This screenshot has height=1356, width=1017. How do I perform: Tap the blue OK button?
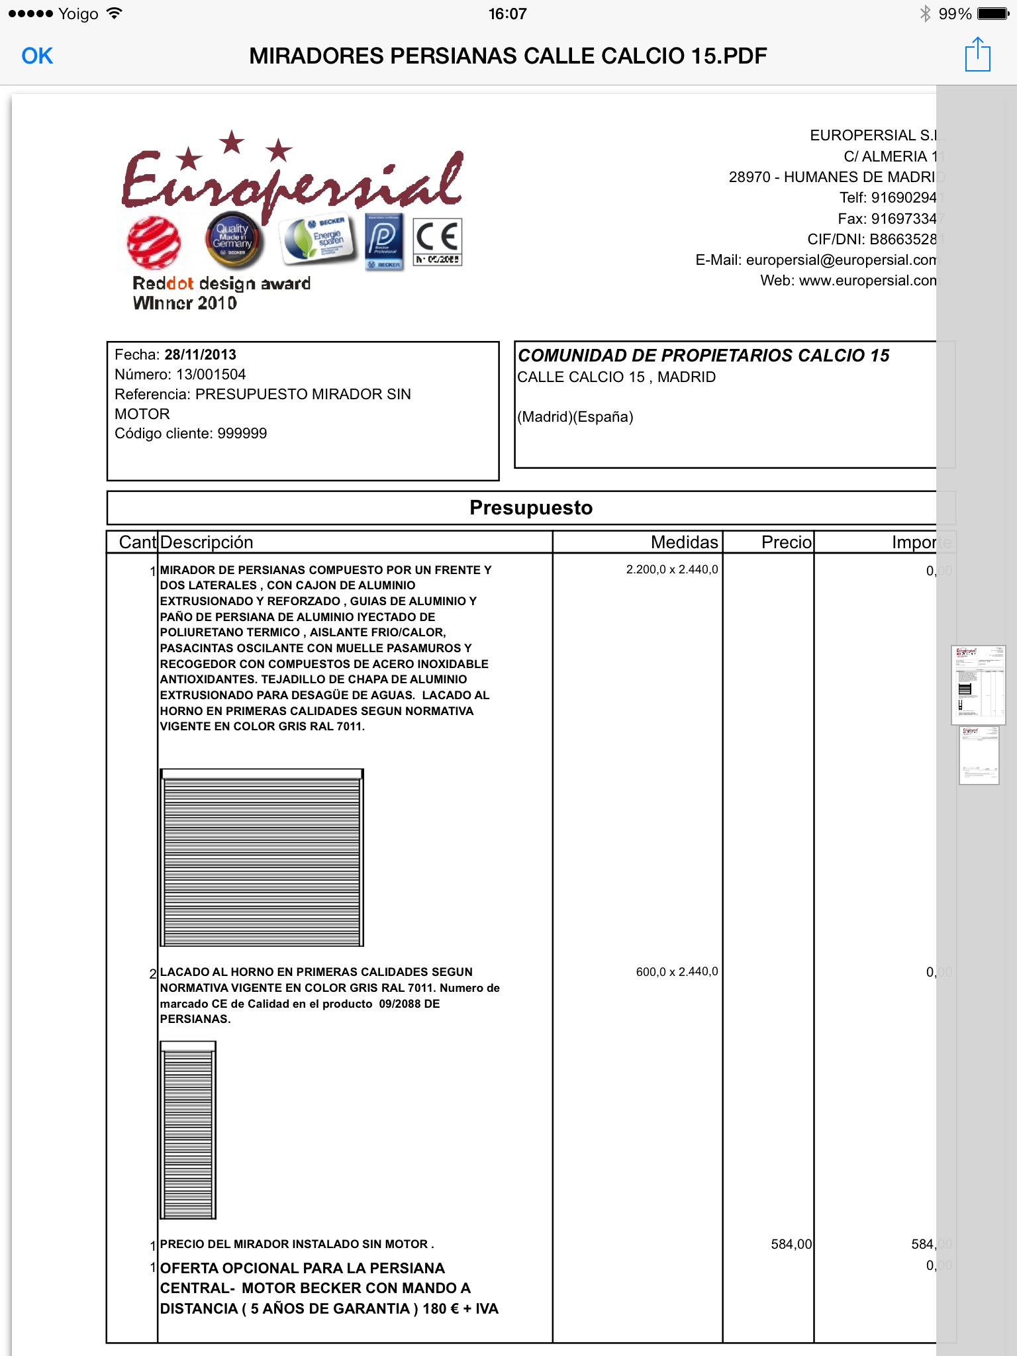coord(37,56)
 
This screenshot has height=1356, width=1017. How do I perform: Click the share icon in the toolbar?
coord(977,55)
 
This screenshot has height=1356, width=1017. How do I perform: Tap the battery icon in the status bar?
coord(993,14)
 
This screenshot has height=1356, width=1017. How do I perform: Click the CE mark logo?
coord(437,242)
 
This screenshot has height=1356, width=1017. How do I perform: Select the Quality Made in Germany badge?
coord(232,240)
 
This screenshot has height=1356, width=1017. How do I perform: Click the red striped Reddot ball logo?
coord(154,242)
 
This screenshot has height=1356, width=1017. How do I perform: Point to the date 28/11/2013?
coord(200,355)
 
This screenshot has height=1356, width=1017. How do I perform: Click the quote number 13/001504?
coord(211,375)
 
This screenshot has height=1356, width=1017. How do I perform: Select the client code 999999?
coord(242,434)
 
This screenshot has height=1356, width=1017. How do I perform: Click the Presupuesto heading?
coord(531,508)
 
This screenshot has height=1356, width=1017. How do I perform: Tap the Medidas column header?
coord(684,542)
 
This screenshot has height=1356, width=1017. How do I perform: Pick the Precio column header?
coord(786,542)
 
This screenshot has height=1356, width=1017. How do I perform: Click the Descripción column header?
coord(207,542)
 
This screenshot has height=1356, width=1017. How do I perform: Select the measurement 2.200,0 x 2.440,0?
coord(671,569)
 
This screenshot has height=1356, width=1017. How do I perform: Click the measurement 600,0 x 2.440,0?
coord(677,972)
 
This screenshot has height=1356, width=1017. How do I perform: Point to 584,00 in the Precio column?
coord(791,1244)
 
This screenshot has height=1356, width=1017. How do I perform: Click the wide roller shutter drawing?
coord(262,857)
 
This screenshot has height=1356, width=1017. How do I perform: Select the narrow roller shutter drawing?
coord(188,1130)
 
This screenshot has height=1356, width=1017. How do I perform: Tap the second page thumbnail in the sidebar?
coord(979,755)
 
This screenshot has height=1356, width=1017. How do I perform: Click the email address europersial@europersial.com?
coord(841,260)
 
